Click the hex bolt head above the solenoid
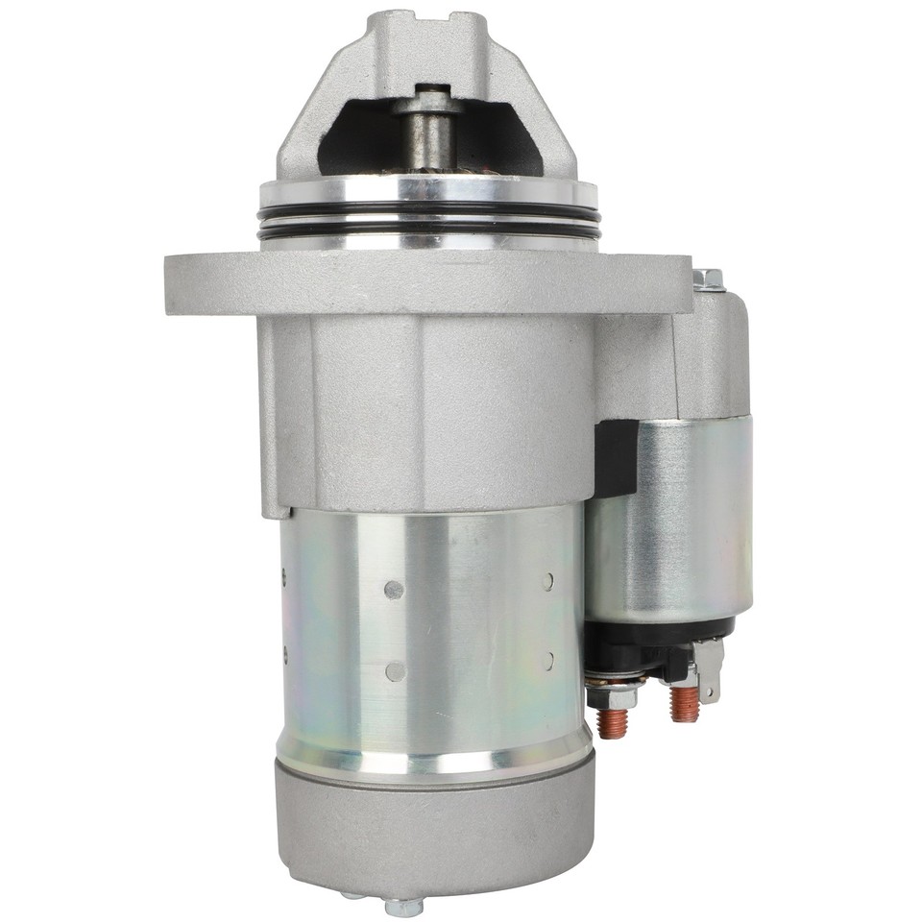tap(708, 279)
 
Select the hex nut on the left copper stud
tap(612, 693)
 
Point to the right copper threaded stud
tap(684, 703)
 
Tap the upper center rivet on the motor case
tap(392, 589)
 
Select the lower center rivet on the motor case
tap(392, 670)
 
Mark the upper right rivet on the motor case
tap(547, 581)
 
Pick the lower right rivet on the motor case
tap(547, 662)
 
